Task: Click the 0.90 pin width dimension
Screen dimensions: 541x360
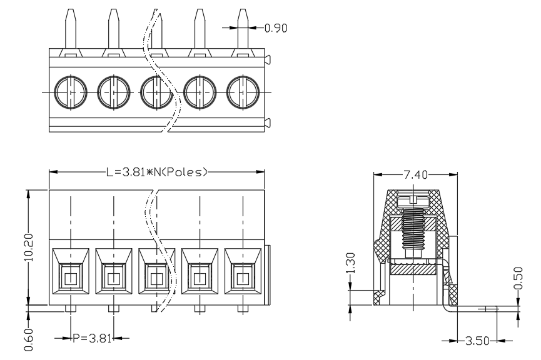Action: click(x=276, y=28)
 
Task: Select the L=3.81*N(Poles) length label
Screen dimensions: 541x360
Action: click(x=156, y=172)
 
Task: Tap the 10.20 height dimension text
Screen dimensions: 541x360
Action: click(x=29, y=247)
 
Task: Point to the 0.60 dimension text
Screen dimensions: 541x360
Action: click(x=29, y=339)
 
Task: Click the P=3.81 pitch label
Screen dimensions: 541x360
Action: click(x=92, y=338)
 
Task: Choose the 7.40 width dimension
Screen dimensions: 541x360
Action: click(x=415, y=175)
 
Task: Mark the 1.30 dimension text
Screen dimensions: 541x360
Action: click(x=350, y=262)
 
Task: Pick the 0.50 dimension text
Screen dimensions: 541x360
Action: click(x=518, y=278)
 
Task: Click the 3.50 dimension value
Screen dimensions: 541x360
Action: click(x=477, y=341)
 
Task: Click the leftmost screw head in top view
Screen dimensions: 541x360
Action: click(x=71, y=92)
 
